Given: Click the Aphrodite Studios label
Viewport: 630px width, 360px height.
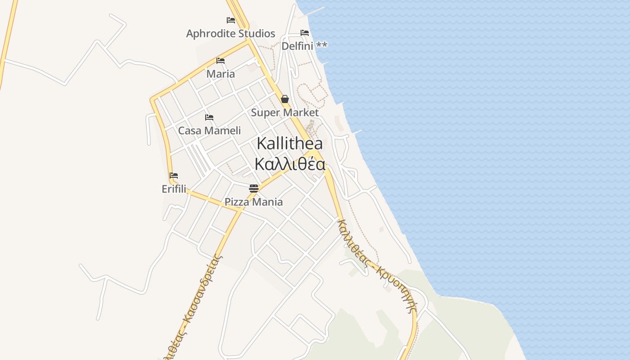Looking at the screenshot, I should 230,34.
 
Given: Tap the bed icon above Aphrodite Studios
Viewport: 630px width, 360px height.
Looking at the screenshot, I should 231,20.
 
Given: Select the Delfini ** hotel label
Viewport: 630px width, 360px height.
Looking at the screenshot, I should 304,46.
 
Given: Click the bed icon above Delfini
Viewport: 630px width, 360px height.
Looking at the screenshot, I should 305,33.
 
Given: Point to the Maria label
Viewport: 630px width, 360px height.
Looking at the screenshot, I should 220,74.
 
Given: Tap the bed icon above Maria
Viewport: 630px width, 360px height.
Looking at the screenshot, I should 220,61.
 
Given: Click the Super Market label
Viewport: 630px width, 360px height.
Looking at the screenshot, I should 284,112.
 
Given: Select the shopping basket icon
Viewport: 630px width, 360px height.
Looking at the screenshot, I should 285,99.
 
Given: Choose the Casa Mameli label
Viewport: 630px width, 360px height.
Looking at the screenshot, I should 209,131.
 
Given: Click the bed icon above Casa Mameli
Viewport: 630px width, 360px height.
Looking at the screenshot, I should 209,117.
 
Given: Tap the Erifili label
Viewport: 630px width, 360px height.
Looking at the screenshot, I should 174,189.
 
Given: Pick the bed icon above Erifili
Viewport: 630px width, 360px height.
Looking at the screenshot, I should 174,175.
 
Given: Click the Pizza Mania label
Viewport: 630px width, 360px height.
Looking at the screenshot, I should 254,202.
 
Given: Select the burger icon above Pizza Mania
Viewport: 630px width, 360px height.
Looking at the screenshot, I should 254,188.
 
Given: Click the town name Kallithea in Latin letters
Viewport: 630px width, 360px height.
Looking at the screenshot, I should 289,144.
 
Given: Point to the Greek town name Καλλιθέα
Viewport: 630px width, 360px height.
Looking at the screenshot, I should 289,164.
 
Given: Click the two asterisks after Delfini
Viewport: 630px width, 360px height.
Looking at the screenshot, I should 322,45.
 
